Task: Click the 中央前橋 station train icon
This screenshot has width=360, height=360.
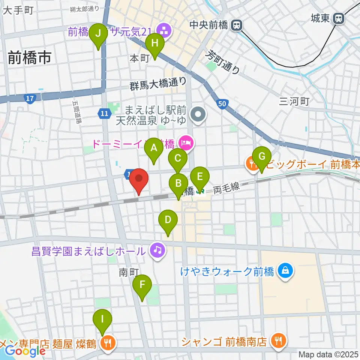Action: coord(237,25)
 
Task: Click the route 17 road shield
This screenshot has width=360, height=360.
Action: coord(28,99)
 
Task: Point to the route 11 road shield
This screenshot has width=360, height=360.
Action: coord(104,112)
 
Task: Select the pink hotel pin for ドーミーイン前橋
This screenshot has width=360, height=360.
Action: coord(186,142)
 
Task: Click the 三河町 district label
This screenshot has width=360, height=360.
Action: coord(294,101)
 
